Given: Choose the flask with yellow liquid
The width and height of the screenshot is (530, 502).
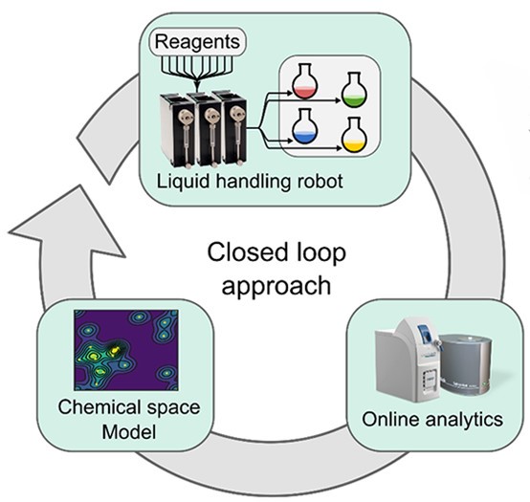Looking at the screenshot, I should click(355, 137).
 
